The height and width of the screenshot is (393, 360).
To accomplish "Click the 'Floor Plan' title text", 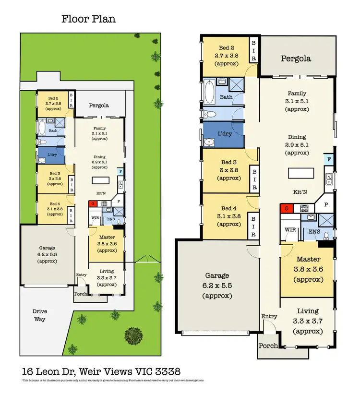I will coord(88,19).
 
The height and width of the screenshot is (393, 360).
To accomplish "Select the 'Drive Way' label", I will coord(40,315).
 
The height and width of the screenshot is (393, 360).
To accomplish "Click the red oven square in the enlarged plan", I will coord(286,208).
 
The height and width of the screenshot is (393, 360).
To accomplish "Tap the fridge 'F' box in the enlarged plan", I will coord(329,159).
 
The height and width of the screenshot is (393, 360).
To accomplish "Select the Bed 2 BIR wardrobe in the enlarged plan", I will coord(253,49).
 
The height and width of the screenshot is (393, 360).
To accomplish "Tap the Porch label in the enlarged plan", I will coord(268,346).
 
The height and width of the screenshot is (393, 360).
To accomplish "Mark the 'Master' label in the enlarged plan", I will coord(308,259).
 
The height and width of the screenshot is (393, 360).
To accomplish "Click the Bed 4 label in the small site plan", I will coord(55,203).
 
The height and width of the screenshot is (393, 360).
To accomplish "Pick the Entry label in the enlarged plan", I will coord(269,316).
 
